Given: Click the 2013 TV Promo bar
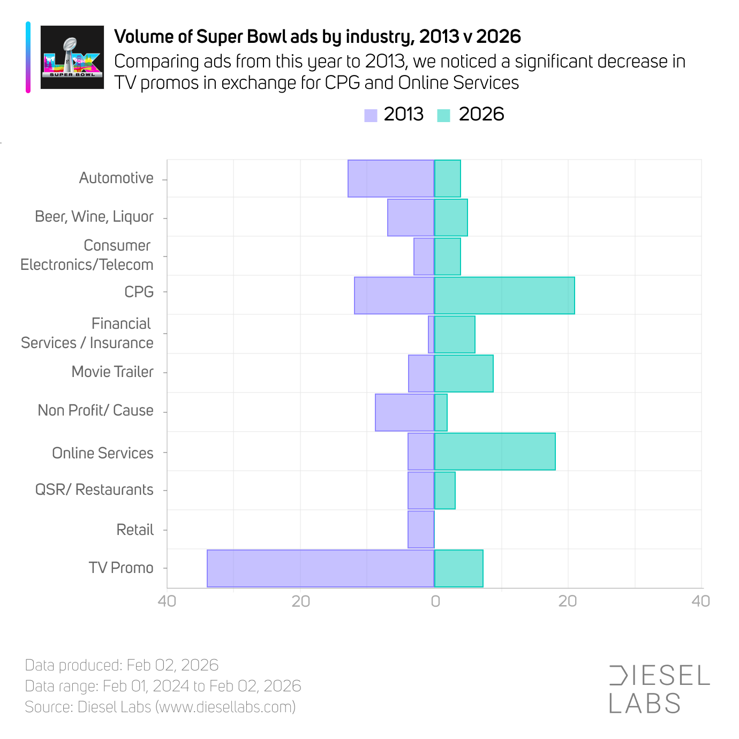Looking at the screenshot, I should click(320, 568).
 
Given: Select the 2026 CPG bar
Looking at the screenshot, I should click(504, 296).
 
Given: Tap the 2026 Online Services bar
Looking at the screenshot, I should click(495, 451).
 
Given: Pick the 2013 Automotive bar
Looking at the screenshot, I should click(391, 178).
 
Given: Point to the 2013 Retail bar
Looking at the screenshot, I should click(421, 530).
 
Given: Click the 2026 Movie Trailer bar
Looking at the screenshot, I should click(464, 373).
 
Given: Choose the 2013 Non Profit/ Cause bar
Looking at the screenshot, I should click(404, 412).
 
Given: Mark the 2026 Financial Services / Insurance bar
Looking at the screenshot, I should click(455, 335).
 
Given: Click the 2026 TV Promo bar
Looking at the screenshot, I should click(459, 568).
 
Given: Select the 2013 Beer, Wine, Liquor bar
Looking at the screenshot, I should click(411, 217).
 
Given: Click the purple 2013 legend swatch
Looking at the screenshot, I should click(371, 115).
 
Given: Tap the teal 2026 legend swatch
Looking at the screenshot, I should click(443, 115).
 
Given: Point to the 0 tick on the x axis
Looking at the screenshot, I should click(435, 601).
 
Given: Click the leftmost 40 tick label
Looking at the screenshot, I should click(167, 601).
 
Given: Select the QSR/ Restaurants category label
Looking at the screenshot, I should click(94, 489).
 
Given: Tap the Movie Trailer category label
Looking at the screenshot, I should click(112, 372).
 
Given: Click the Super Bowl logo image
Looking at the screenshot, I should click(72, 57).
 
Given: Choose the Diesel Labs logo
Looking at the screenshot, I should click(659, 690).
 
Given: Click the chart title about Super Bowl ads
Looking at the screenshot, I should click(318, 36).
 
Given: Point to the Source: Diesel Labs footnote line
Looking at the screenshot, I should click(160, 707).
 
